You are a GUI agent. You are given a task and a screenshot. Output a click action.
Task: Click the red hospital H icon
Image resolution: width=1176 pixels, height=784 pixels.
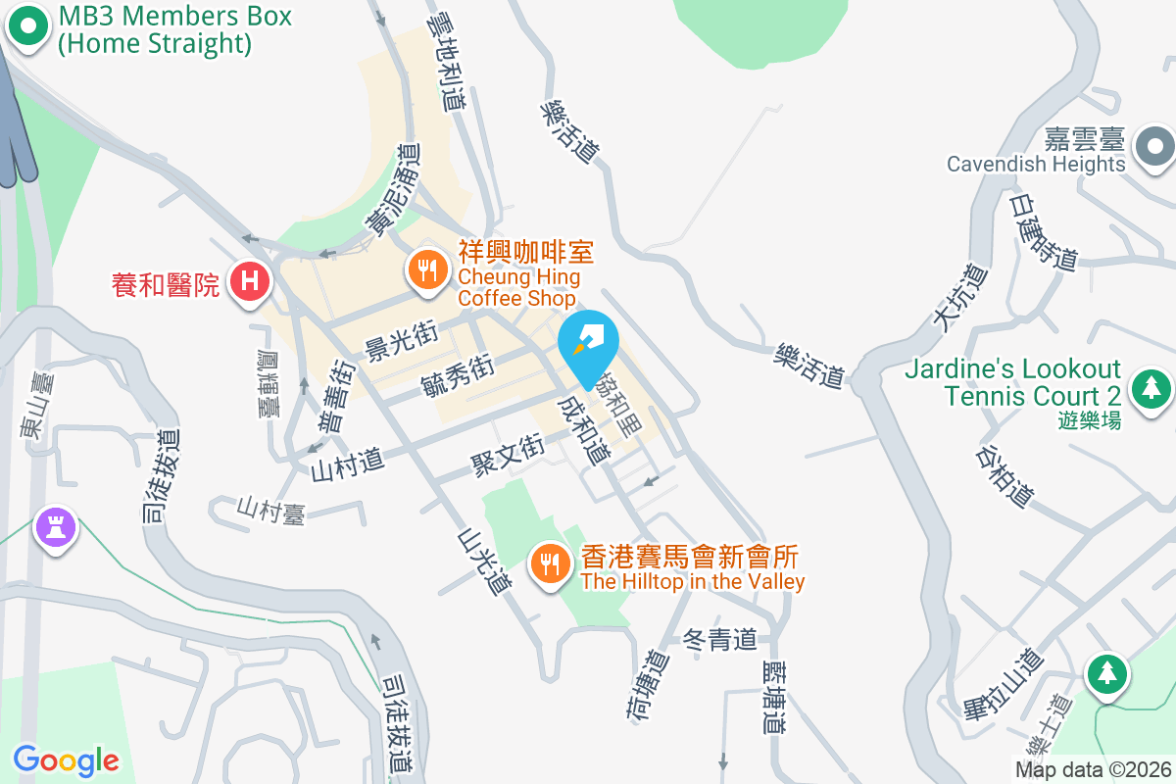250,282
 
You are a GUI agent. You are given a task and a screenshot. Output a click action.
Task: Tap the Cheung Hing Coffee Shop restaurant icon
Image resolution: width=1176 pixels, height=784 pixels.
426,269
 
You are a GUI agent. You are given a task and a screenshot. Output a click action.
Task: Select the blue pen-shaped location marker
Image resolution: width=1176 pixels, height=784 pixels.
588,342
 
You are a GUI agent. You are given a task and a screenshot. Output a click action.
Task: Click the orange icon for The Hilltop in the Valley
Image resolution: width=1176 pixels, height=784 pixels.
549,563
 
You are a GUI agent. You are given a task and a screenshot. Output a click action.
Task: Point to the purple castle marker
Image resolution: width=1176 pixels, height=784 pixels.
56,527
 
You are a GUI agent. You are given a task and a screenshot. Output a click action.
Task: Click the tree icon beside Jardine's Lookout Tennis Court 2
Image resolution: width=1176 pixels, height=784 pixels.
1151,387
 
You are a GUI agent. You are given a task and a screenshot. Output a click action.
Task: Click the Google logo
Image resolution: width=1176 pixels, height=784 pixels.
66,760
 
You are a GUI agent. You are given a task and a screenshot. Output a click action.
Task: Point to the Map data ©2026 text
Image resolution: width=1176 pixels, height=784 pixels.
1093,769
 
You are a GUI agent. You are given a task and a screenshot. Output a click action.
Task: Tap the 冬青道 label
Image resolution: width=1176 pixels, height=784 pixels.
720,640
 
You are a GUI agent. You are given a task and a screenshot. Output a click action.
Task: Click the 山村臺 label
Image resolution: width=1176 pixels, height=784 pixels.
270,510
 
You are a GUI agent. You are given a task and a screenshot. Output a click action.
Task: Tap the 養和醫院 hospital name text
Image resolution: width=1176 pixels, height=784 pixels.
166,285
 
